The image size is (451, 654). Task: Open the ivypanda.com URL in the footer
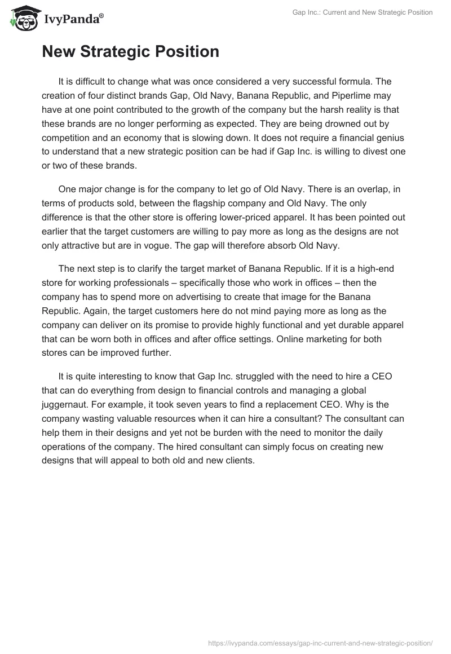[x=320, y=642]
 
